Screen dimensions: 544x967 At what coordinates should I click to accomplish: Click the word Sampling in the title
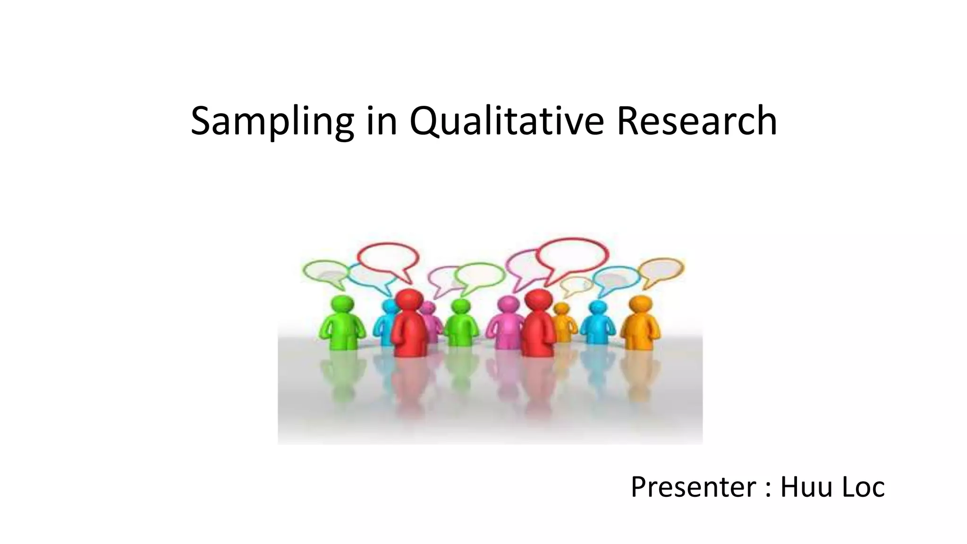(272, 121)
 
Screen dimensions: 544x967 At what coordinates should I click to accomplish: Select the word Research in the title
(696, 121)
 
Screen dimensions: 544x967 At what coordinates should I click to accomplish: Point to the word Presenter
(693, 487)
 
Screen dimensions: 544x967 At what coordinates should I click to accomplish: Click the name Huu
(805, 487)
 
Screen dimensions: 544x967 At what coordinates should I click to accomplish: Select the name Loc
(864, 487)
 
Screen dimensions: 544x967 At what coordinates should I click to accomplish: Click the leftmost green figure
(343, 323)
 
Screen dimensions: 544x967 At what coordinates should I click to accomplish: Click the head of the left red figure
(409, 299)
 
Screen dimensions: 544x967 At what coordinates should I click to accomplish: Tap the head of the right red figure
(538, 299)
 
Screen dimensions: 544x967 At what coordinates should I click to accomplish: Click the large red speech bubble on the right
(572, 257)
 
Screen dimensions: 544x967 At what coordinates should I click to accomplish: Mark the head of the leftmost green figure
(342, 304)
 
